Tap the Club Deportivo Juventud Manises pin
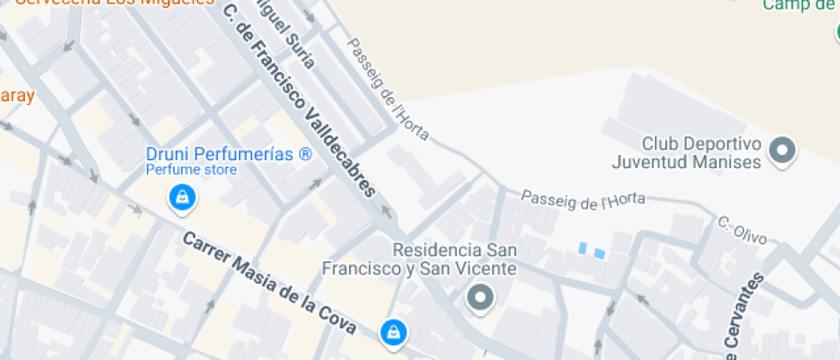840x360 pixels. [x=782, y=151]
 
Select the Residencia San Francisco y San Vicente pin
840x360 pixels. [x=480, y=298]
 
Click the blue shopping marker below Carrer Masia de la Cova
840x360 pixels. [x=393, y=331]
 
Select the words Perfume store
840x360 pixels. [x=190, y=170]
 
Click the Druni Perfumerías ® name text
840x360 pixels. [x=228, y=154]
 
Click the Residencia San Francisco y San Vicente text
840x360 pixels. [x=418, y=260]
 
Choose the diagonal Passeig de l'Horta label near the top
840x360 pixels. [x=387, y=89]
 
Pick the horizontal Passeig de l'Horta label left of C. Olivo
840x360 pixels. [x=583, y=200]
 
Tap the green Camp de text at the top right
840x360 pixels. [x=800, y=6]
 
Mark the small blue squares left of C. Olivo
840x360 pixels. [x=591, y=251]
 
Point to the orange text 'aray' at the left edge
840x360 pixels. [x=16, y=94]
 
